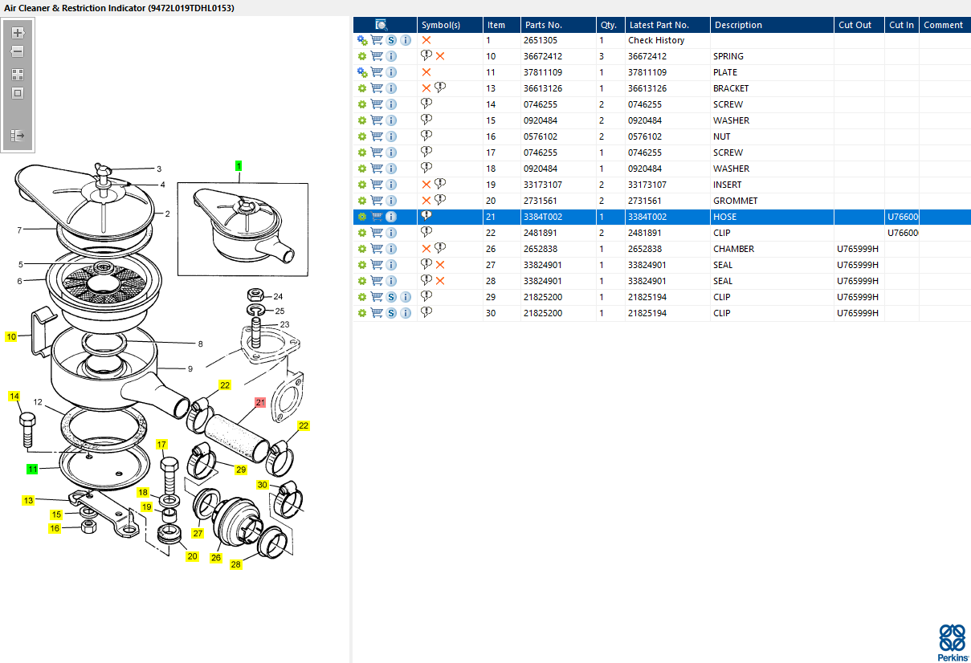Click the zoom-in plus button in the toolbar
tap(18, 33)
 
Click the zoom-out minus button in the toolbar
tap(18, 52)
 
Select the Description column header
tap(738, 25)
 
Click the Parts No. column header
tap(543, 25)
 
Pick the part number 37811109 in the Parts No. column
tap(543, 72)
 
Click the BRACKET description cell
tap(730, 88)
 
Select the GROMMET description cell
tap(735, 201)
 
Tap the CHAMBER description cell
tap(733, 249)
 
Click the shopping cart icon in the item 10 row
tap(377, 56)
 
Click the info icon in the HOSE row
tap(391, 217)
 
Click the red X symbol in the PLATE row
tap(426, 72)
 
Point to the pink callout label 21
tap(260, 403)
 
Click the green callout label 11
tap(32, 469)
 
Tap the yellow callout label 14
tap(14, 396)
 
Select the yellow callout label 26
tap(215, 558)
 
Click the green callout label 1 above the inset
tap(239, 166)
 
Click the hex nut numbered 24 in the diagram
tap(255, 295)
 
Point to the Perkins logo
tap(952, 642)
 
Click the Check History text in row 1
tap(656, 40)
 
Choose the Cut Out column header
tap(855, 25)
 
